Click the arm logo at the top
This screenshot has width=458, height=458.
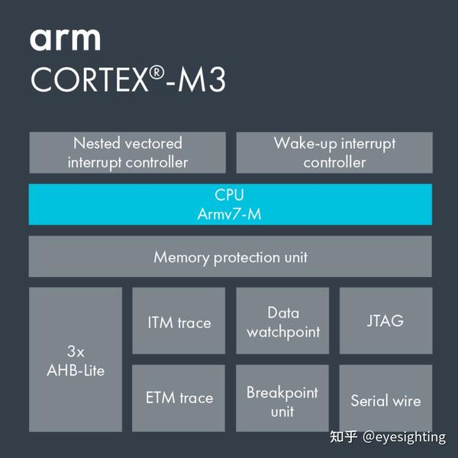(x=65, y=39)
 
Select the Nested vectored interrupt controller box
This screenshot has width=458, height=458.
(x=127, y=153)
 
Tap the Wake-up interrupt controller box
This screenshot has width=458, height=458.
(x=334, y=153)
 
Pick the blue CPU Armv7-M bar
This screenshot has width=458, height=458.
(x=230, y=205)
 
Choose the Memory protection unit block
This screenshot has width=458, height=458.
(x=230, y=256)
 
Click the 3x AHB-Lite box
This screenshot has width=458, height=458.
(x=76, y=360)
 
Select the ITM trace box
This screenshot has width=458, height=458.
(x=179, y=321)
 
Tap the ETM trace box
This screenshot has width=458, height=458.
(x=179, y=398)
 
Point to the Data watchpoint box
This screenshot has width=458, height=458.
(x=282, y=321)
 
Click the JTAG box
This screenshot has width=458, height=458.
(x=385, y=321)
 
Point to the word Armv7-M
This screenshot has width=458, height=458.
(x=229, y=214)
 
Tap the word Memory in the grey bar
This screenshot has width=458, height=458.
(x=181, y=257)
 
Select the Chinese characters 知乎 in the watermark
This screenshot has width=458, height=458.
(x=343, y=437)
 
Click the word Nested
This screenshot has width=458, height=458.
(x=95, y=144)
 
